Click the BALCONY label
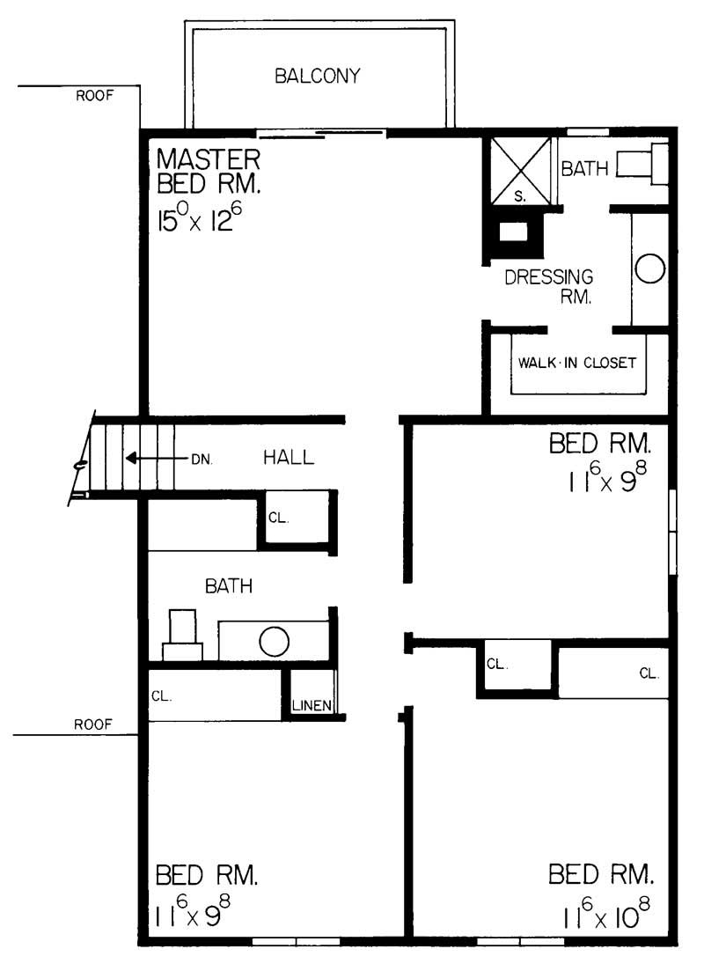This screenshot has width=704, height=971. pos(317,76)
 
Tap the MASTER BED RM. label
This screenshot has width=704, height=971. pos(208,174)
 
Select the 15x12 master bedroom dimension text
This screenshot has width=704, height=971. pos(199,217)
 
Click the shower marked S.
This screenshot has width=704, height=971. pos(520,172)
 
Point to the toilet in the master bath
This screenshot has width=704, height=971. pos(641,165)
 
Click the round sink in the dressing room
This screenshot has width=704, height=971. pos(649,268)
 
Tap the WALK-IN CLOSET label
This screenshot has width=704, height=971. pos(576,363)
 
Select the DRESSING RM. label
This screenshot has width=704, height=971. pos(549,287)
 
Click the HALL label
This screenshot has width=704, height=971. pos(289,458)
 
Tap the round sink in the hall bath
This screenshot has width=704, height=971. pos(274,641)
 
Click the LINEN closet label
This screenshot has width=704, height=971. pos(312,705)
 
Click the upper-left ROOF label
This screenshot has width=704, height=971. pos(94,97)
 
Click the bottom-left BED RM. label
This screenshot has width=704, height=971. pos(207,875)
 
